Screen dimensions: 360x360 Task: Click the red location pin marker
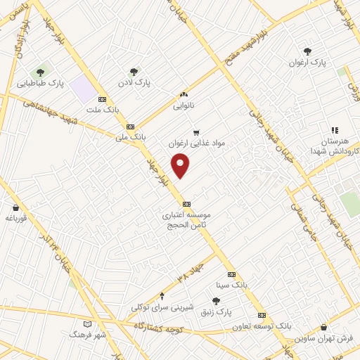point(181,166)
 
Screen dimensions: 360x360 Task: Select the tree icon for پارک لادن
point(134,71)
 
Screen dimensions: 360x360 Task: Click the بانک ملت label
point(103,110)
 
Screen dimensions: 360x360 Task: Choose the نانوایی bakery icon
point(184,95)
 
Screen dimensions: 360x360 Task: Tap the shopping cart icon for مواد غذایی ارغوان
point(196,131)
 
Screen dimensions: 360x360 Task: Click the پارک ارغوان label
point(308,63)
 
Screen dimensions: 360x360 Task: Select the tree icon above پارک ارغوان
point(308,51)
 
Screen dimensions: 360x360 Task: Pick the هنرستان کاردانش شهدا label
point(335,146)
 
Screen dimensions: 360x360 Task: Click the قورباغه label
point(15,218)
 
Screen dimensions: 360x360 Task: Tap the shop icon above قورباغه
point(15,207)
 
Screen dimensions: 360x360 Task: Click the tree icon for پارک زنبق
point(217,300)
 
